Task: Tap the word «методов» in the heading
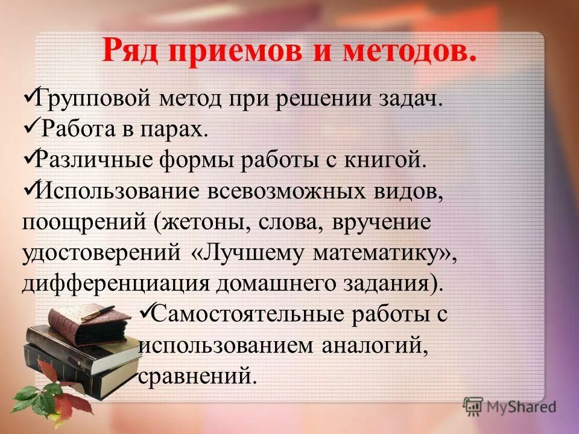click(x=410, y=52)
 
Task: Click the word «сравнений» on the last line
click(x=194, y=377)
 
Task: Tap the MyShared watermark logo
click(x=510, y=406)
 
